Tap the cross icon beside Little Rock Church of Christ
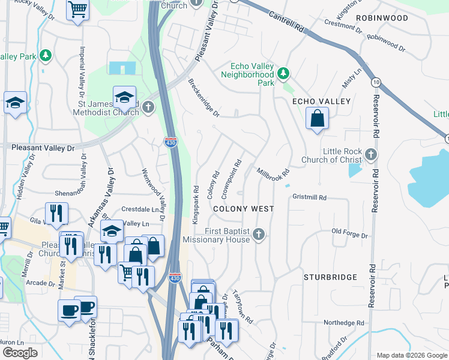[371, 155]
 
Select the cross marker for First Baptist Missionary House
[259, 234]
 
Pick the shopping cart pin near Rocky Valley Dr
[77, 10]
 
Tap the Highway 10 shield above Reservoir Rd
[376, 81]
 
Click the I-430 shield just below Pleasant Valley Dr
[170, 142]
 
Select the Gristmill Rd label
[309, 197]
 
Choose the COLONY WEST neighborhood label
[244, 209]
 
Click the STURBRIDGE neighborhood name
[330, 277]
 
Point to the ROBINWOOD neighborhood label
[382, 18]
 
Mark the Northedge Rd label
[344, 323]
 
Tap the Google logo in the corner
[20, 353]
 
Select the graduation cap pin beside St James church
[124, 97]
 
